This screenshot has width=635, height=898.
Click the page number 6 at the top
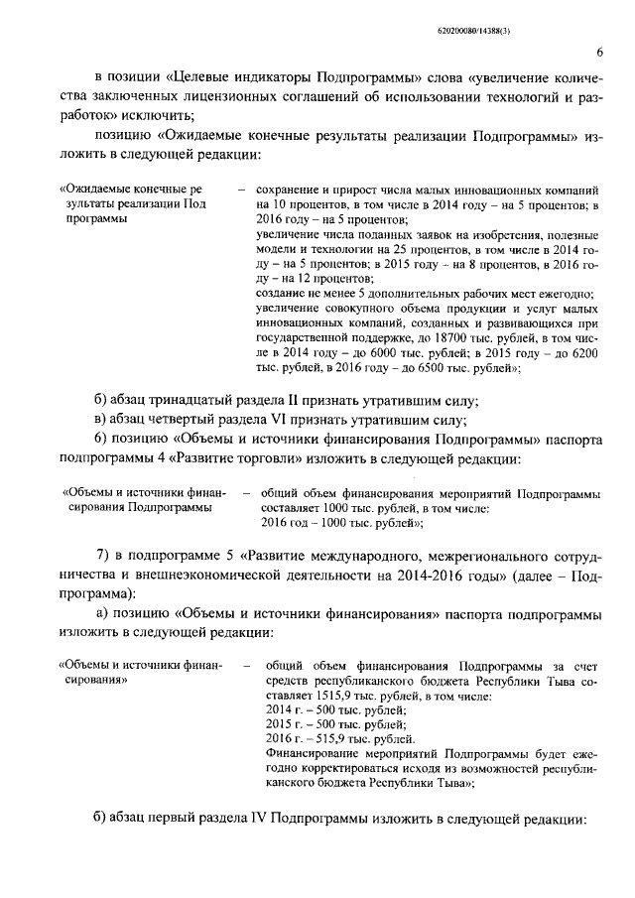click(x=600, y=53)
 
